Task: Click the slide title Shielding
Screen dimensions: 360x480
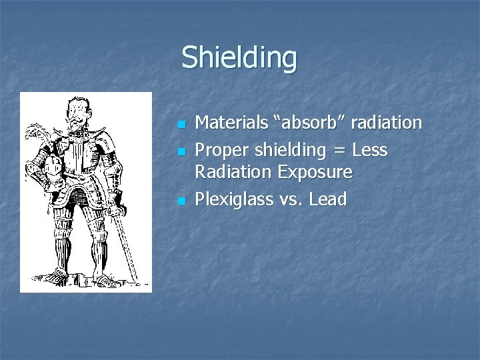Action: point(239,57)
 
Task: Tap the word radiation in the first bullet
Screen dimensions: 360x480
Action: point(383,123)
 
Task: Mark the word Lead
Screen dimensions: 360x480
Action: point(329,199)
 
